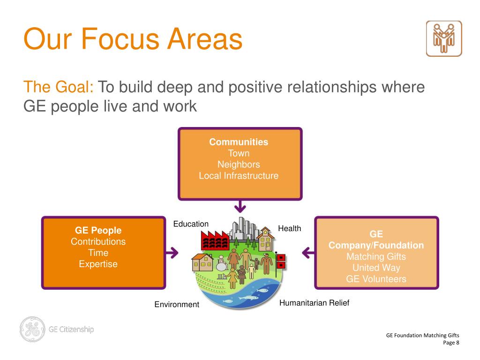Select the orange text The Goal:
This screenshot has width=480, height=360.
[59, 87]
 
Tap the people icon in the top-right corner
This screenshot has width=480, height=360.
[443, 38]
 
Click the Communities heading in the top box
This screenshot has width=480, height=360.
[239, 142]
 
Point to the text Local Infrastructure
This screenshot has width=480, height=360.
[239, 176]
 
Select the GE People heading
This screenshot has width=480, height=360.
[98, 230]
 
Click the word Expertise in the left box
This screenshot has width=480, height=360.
[98, 264]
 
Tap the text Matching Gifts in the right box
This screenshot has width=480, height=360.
[376, 257]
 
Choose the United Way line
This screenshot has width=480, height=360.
[376, 268]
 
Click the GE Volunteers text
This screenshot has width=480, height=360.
[376, 279]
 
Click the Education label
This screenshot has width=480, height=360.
[191, 224]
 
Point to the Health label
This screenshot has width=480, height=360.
[290, 228]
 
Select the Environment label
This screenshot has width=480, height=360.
[177, 305]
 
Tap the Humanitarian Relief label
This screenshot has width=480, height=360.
[314, 303]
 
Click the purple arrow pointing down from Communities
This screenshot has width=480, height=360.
[240, 206]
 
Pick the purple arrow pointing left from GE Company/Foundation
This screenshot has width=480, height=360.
[308, 253]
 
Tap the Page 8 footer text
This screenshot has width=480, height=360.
[451, 343]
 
